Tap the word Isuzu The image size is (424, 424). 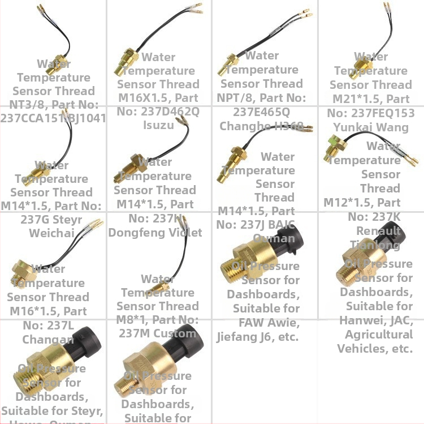pos(159,125)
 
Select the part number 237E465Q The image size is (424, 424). pos(261,112)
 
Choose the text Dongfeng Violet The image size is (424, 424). pos(155,232)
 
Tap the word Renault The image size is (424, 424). pos(379,230)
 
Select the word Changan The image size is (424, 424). pos(48,339)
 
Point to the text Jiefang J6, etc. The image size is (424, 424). pos(258,337)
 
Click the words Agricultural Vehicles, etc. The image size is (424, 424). pos(375,341)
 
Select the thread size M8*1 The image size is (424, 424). pos(133,320)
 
